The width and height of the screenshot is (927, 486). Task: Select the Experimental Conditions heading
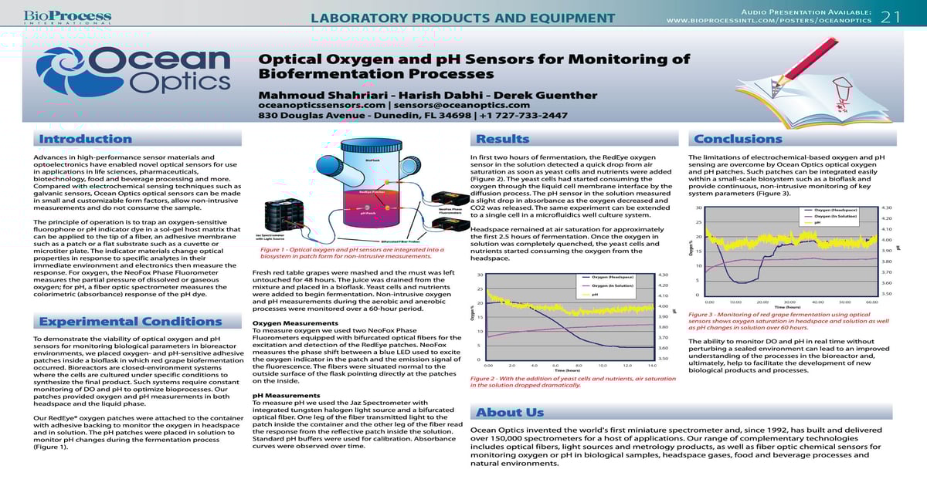119,322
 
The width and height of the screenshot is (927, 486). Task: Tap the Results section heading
502,139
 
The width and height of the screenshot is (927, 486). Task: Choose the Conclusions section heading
738,139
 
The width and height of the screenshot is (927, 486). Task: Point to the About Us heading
510,412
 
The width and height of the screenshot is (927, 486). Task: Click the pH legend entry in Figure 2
595,295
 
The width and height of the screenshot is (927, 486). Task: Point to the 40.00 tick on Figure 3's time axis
817,302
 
